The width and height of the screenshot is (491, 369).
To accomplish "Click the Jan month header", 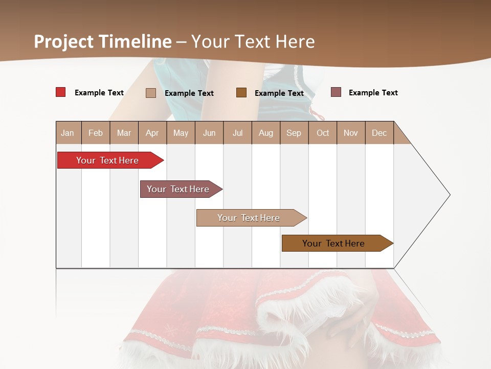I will click(68, 133).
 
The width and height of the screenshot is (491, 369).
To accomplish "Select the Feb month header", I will click(96, 133).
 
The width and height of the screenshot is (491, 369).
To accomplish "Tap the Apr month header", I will click(152, 133).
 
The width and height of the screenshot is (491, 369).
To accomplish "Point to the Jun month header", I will click(209, 133).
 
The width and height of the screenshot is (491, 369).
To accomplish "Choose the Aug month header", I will click(265, 133).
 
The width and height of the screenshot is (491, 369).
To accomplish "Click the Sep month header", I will click(294, 133).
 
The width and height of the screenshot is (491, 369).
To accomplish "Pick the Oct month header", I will click(323, 133).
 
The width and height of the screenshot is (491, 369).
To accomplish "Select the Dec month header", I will click(379, 133).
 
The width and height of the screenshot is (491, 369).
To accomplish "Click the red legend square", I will click(60, 92).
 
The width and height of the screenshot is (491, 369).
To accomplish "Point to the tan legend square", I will click(150, 93).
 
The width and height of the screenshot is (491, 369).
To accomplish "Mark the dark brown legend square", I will click(241, 93).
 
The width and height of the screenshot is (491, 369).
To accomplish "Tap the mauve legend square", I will click(336, 92).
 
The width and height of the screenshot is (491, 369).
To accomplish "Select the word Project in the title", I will click(64, 42).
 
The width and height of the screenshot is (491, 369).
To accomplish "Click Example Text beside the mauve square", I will click(373, 93).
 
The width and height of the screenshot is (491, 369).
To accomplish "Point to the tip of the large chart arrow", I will click(449, 195).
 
